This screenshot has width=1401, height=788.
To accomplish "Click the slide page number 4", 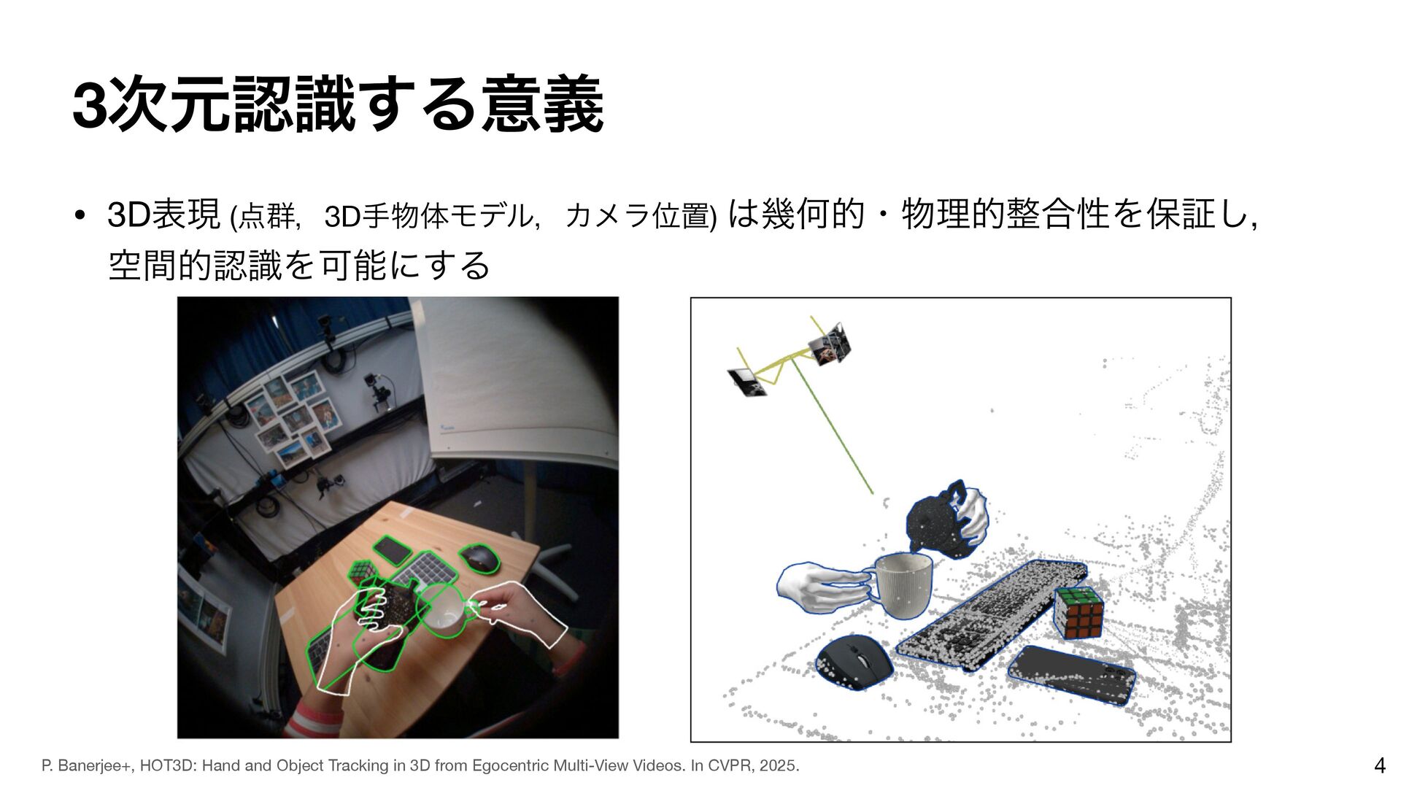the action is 1379,765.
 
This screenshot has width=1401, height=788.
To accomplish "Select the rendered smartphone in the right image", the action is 1071,675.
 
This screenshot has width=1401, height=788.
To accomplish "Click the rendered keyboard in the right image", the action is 991,614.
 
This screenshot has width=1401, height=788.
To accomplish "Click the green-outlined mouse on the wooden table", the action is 479,558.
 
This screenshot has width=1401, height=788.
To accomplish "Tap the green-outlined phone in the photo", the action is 393,549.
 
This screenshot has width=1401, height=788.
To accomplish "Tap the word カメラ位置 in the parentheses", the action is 637,216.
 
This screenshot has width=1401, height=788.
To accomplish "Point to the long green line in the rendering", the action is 833,428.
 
